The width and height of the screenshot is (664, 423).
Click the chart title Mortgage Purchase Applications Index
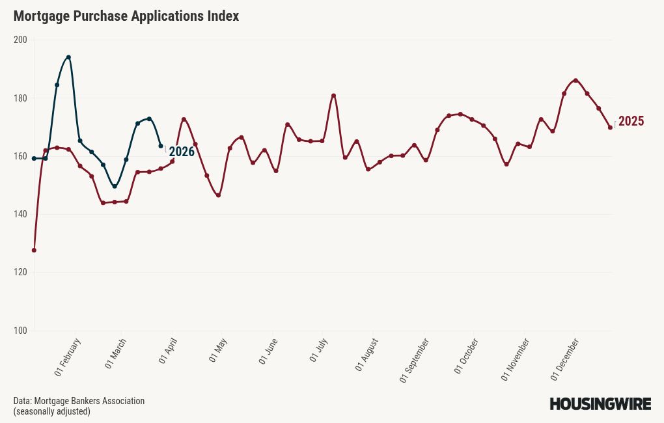126,16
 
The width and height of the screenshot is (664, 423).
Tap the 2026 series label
182,152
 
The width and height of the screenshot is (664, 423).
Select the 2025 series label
631,121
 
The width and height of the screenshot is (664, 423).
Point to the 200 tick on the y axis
20,40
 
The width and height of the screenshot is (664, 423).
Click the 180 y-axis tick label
20,98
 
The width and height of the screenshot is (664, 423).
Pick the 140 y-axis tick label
20,215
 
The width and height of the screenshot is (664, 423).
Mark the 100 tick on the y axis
20,331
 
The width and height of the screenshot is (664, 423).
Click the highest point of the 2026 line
68,57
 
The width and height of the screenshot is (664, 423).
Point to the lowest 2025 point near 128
34,250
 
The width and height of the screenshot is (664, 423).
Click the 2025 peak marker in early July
333,96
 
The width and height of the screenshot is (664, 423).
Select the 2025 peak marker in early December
575,81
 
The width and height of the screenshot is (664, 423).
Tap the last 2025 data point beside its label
610,128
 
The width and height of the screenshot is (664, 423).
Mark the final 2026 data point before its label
161,146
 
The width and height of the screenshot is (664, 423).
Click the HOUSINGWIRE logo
600,404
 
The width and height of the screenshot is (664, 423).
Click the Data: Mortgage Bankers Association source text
79,401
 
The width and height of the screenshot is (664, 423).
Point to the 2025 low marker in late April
218,195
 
